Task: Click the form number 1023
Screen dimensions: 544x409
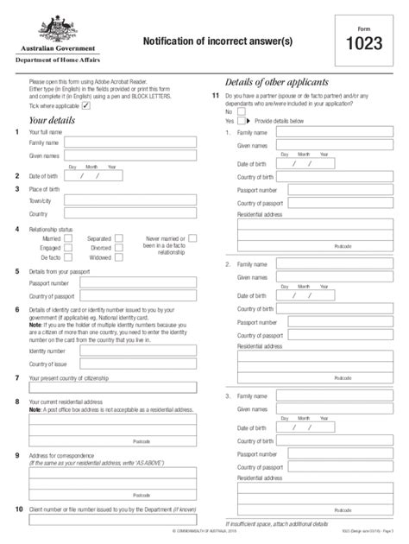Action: (x=365, y=42)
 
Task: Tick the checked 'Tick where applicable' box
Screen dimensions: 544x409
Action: (x=85, y=104)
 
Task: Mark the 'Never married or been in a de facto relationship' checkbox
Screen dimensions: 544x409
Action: (x=192, y=237)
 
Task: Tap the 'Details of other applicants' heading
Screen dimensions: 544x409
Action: (x=277, y=80)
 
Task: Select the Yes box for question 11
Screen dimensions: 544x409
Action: (x=242, y=122)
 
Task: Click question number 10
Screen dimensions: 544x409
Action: (x=19, y=510)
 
